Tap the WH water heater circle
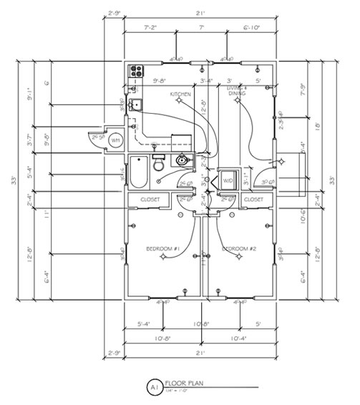click(115, 141)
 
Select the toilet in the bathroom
click(159, 164)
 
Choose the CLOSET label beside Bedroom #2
click(253, 199)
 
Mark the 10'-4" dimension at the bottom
click(238, 338)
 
